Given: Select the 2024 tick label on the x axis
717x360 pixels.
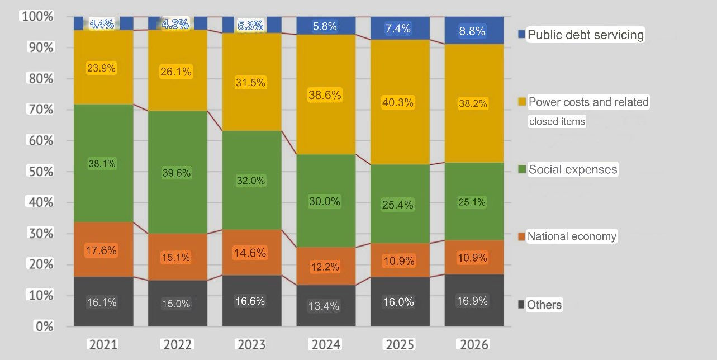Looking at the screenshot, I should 326,344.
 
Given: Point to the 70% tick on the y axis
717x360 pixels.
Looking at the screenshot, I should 39,110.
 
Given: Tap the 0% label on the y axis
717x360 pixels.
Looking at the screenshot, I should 42,326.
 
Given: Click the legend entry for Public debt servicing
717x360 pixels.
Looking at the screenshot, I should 585,35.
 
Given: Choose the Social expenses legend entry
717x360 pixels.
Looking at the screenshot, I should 572,169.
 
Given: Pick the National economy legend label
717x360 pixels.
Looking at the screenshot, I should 572,236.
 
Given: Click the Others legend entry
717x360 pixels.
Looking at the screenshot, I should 544,305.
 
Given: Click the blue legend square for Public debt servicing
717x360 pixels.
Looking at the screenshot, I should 521,35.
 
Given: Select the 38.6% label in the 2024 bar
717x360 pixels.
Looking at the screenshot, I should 325,96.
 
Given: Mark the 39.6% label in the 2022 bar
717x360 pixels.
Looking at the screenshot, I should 177,173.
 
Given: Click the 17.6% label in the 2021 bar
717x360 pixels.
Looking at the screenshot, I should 102,251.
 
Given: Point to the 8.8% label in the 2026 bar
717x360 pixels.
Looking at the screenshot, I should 472,31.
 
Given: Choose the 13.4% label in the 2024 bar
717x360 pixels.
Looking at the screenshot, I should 325,306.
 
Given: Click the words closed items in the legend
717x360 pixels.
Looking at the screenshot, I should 557,121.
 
